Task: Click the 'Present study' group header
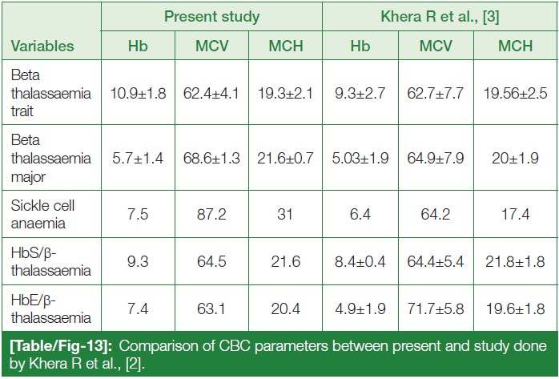tap(212, 15)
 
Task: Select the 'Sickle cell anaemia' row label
tap(40, 209)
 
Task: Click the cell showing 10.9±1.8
tap(137, 94)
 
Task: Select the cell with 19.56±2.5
tap(515, 94)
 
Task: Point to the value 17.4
tap(515, 209)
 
